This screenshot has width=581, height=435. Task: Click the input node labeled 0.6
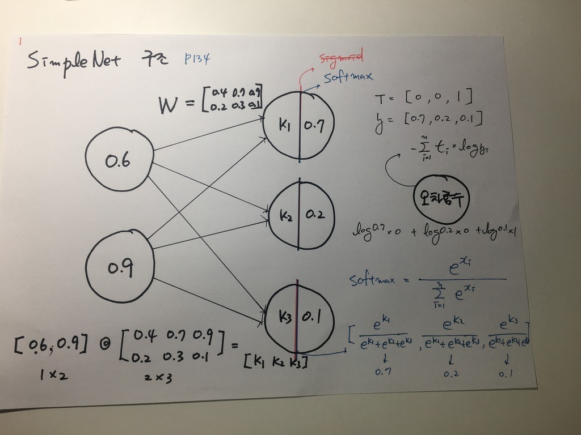[x=118, y=161]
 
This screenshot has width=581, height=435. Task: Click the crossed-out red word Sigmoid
[x=341, y=57]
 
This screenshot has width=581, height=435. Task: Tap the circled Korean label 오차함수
[x=444, y=198]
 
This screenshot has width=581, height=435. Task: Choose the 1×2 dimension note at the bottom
[x=54, y=374]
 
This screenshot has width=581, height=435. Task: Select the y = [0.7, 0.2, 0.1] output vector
[x=428, y=118]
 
